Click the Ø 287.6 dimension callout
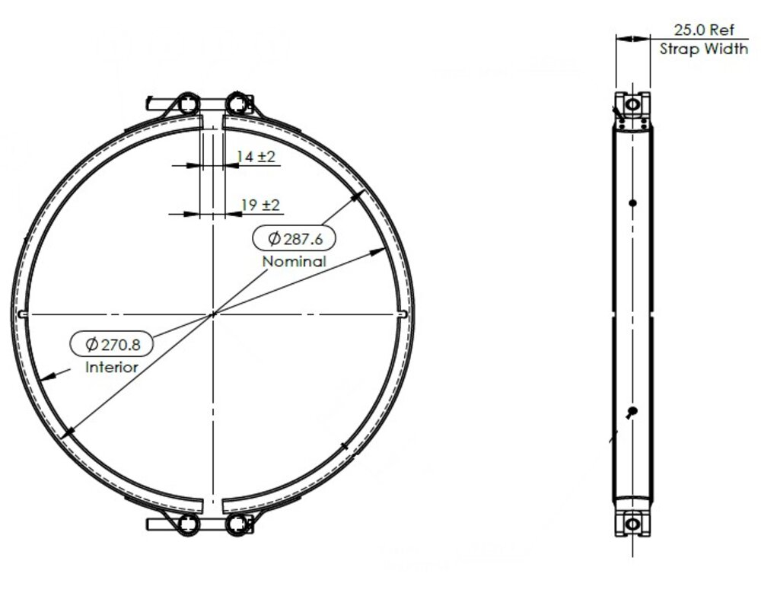pos(295,238)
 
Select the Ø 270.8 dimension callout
pos(112,344)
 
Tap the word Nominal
pos(294,262)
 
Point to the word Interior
pos(112,368)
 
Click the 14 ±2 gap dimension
pos(255,156)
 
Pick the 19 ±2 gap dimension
pos(260,205)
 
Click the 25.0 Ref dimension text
pos(704,30)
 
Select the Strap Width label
pos(704,49)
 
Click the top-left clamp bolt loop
pos(188,104)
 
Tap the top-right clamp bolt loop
pos(237,104)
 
